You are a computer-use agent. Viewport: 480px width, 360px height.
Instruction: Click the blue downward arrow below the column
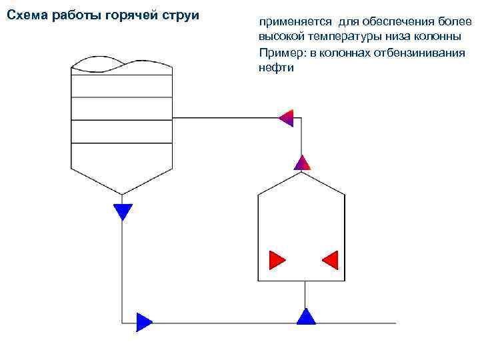(x=123, y=211)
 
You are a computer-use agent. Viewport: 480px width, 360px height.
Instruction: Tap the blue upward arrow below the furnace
(x=305, y=316)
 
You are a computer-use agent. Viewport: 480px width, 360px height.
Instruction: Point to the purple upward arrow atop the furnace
(x=302, y=162)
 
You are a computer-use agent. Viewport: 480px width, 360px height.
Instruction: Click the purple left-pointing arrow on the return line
(x=285, y=118)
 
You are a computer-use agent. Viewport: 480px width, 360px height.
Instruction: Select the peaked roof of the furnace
(x=301, y=183)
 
